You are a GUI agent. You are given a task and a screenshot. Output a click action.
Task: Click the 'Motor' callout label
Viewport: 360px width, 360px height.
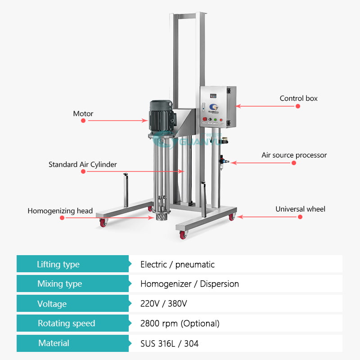83,114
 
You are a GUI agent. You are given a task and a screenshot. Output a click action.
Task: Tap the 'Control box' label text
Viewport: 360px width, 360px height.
298,98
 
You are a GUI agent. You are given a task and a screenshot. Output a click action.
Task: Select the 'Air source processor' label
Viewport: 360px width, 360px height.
294,155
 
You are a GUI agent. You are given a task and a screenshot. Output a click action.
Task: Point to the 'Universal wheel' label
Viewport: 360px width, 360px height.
300,209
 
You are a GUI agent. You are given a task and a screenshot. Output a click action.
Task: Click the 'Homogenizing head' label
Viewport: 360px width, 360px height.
60,211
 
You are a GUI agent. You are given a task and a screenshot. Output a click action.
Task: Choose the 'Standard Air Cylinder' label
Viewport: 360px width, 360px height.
83,164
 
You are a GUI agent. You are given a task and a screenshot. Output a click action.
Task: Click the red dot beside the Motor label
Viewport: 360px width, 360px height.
83,121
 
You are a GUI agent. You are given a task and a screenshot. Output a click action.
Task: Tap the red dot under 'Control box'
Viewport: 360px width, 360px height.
298,106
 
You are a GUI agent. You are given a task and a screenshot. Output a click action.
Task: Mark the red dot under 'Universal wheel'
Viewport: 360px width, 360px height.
300,217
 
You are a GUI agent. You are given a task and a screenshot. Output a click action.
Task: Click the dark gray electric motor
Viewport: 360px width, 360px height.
161,117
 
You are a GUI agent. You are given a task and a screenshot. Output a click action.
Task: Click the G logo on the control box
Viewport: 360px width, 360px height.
213,107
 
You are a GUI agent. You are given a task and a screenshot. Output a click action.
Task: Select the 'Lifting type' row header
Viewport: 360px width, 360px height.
58,264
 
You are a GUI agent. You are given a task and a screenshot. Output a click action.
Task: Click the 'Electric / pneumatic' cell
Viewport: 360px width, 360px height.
177,265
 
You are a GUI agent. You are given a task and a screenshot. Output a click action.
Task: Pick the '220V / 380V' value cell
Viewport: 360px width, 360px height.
164,303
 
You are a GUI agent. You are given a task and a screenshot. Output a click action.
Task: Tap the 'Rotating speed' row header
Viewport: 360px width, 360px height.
66,323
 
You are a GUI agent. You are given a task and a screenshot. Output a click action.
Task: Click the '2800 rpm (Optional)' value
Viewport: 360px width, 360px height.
180,324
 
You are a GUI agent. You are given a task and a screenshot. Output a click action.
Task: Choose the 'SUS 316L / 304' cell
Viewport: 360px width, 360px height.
170,343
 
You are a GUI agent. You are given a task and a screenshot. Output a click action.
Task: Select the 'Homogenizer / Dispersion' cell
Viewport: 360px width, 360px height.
189,284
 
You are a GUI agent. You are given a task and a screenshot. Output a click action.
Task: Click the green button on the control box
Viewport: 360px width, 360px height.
216,119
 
